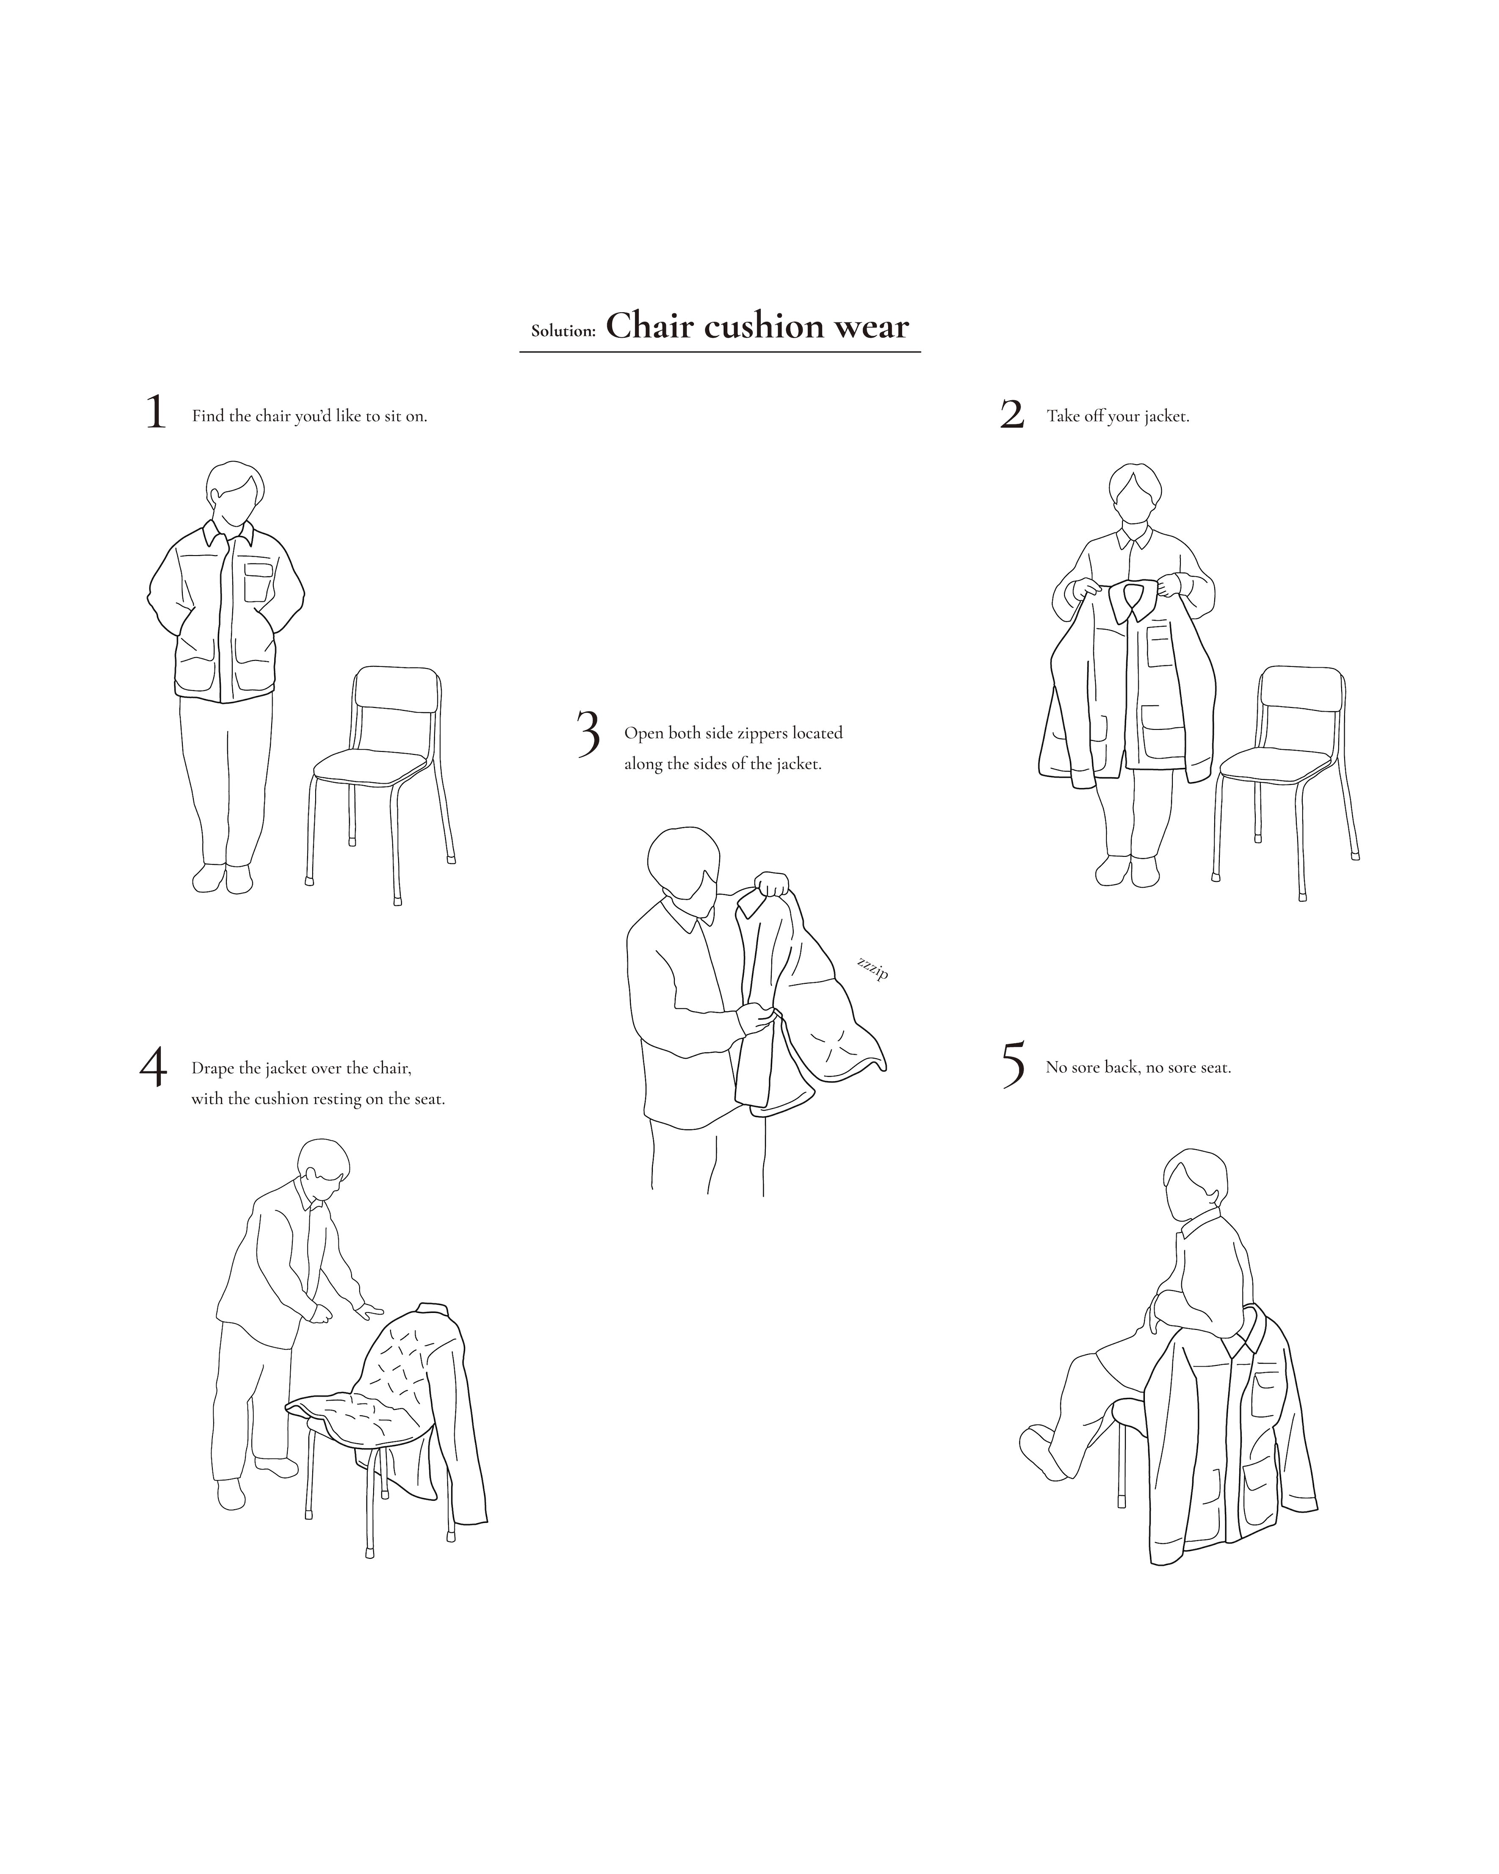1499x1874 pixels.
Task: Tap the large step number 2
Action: [1012, 415]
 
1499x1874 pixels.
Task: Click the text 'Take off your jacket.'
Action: [1117, 416]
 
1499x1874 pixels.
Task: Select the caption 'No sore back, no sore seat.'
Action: [1138, 1068]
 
